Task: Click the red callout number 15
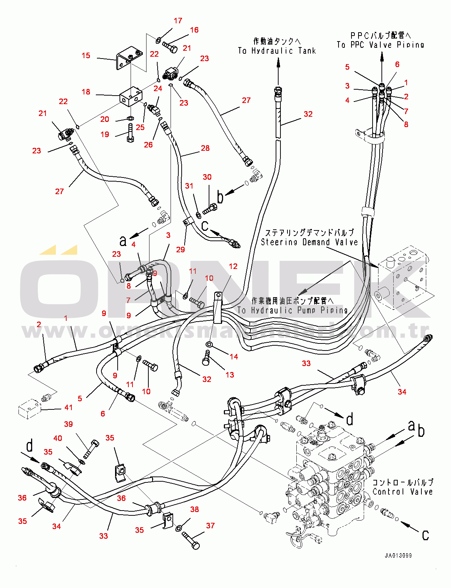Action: pos(86,56)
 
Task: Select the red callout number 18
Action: pos(86,92)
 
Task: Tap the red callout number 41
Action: pos(68,408)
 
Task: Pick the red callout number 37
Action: pos(210,525)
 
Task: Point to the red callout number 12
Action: pos(233,266)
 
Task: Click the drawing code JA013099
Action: pos(398,555)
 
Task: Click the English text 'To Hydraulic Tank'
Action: pos(277,51)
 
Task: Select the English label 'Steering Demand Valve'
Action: pos(309,242)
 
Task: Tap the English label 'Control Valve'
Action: pos(403,492)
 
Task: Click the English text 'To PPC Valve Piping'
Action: pos(380,45)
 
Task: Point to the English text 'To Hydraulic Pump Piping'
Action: pos(292,310)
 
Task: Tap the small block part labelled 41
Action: pos(30,410)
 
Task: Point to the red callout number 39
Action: pos(68,424)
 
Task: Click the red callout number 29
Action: pos(181,250)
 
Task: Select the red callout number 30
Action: pos(207,177)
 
